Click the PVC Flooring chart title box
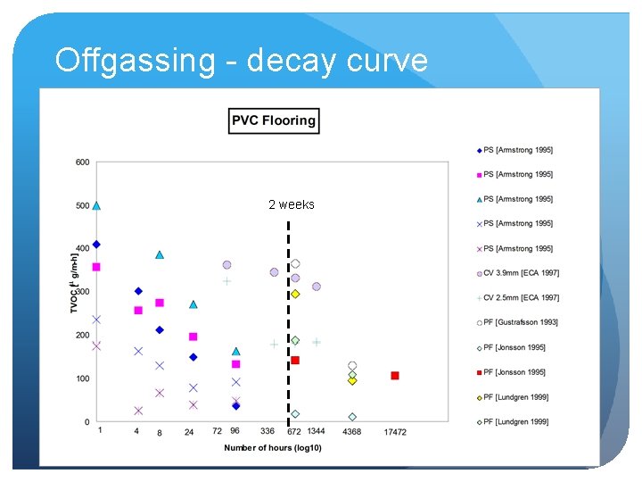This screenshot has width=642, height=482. click(x=274, y=120)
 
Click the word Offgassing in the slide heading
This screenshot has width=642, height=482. click(x=135, y=61)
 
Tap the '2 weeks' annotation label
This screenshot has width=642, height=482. click(x=292, y=204)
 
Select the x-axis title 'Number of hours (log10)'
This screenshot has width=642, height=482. click(x=273, y=447)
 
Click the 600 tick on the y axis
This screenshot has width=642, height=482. click(x=82, y=162)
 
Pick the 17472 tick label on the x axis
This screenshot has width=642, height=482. click(x=395, y=432)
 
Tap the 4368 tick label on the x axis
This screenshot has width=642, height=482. click(x=351, y=432)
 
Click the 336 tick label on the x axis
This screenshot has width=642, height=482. click(x=267, y=431)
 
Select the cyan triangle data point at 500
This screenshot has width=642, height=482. click(x=96, y=205)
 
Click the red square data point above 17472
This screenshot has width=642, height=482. click(x=395, y=376)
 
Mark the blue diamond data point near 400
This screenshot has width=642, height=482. click(x=96, y=244)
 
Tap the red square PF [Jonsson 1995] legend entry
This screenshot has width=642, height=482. click(x=516, y=372)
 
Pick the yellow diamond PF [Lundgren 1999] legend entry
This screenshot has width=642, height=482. click(x=516, y=396)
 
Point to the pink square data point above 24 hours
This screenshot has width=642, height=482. click(x=193, y=337)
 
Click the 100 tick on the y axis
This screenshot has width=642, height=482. click(x=82, y=378)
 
